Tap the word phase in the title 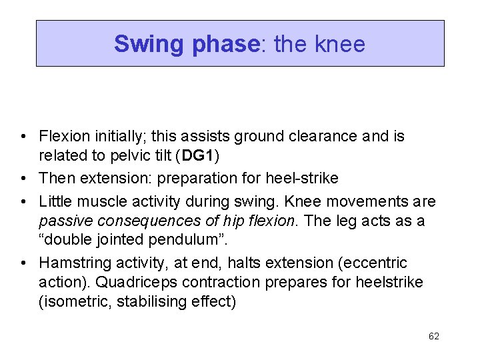pyautogui.click(x=224, y=44)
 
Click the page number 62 pyautogui.click(x=434, y=336)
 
